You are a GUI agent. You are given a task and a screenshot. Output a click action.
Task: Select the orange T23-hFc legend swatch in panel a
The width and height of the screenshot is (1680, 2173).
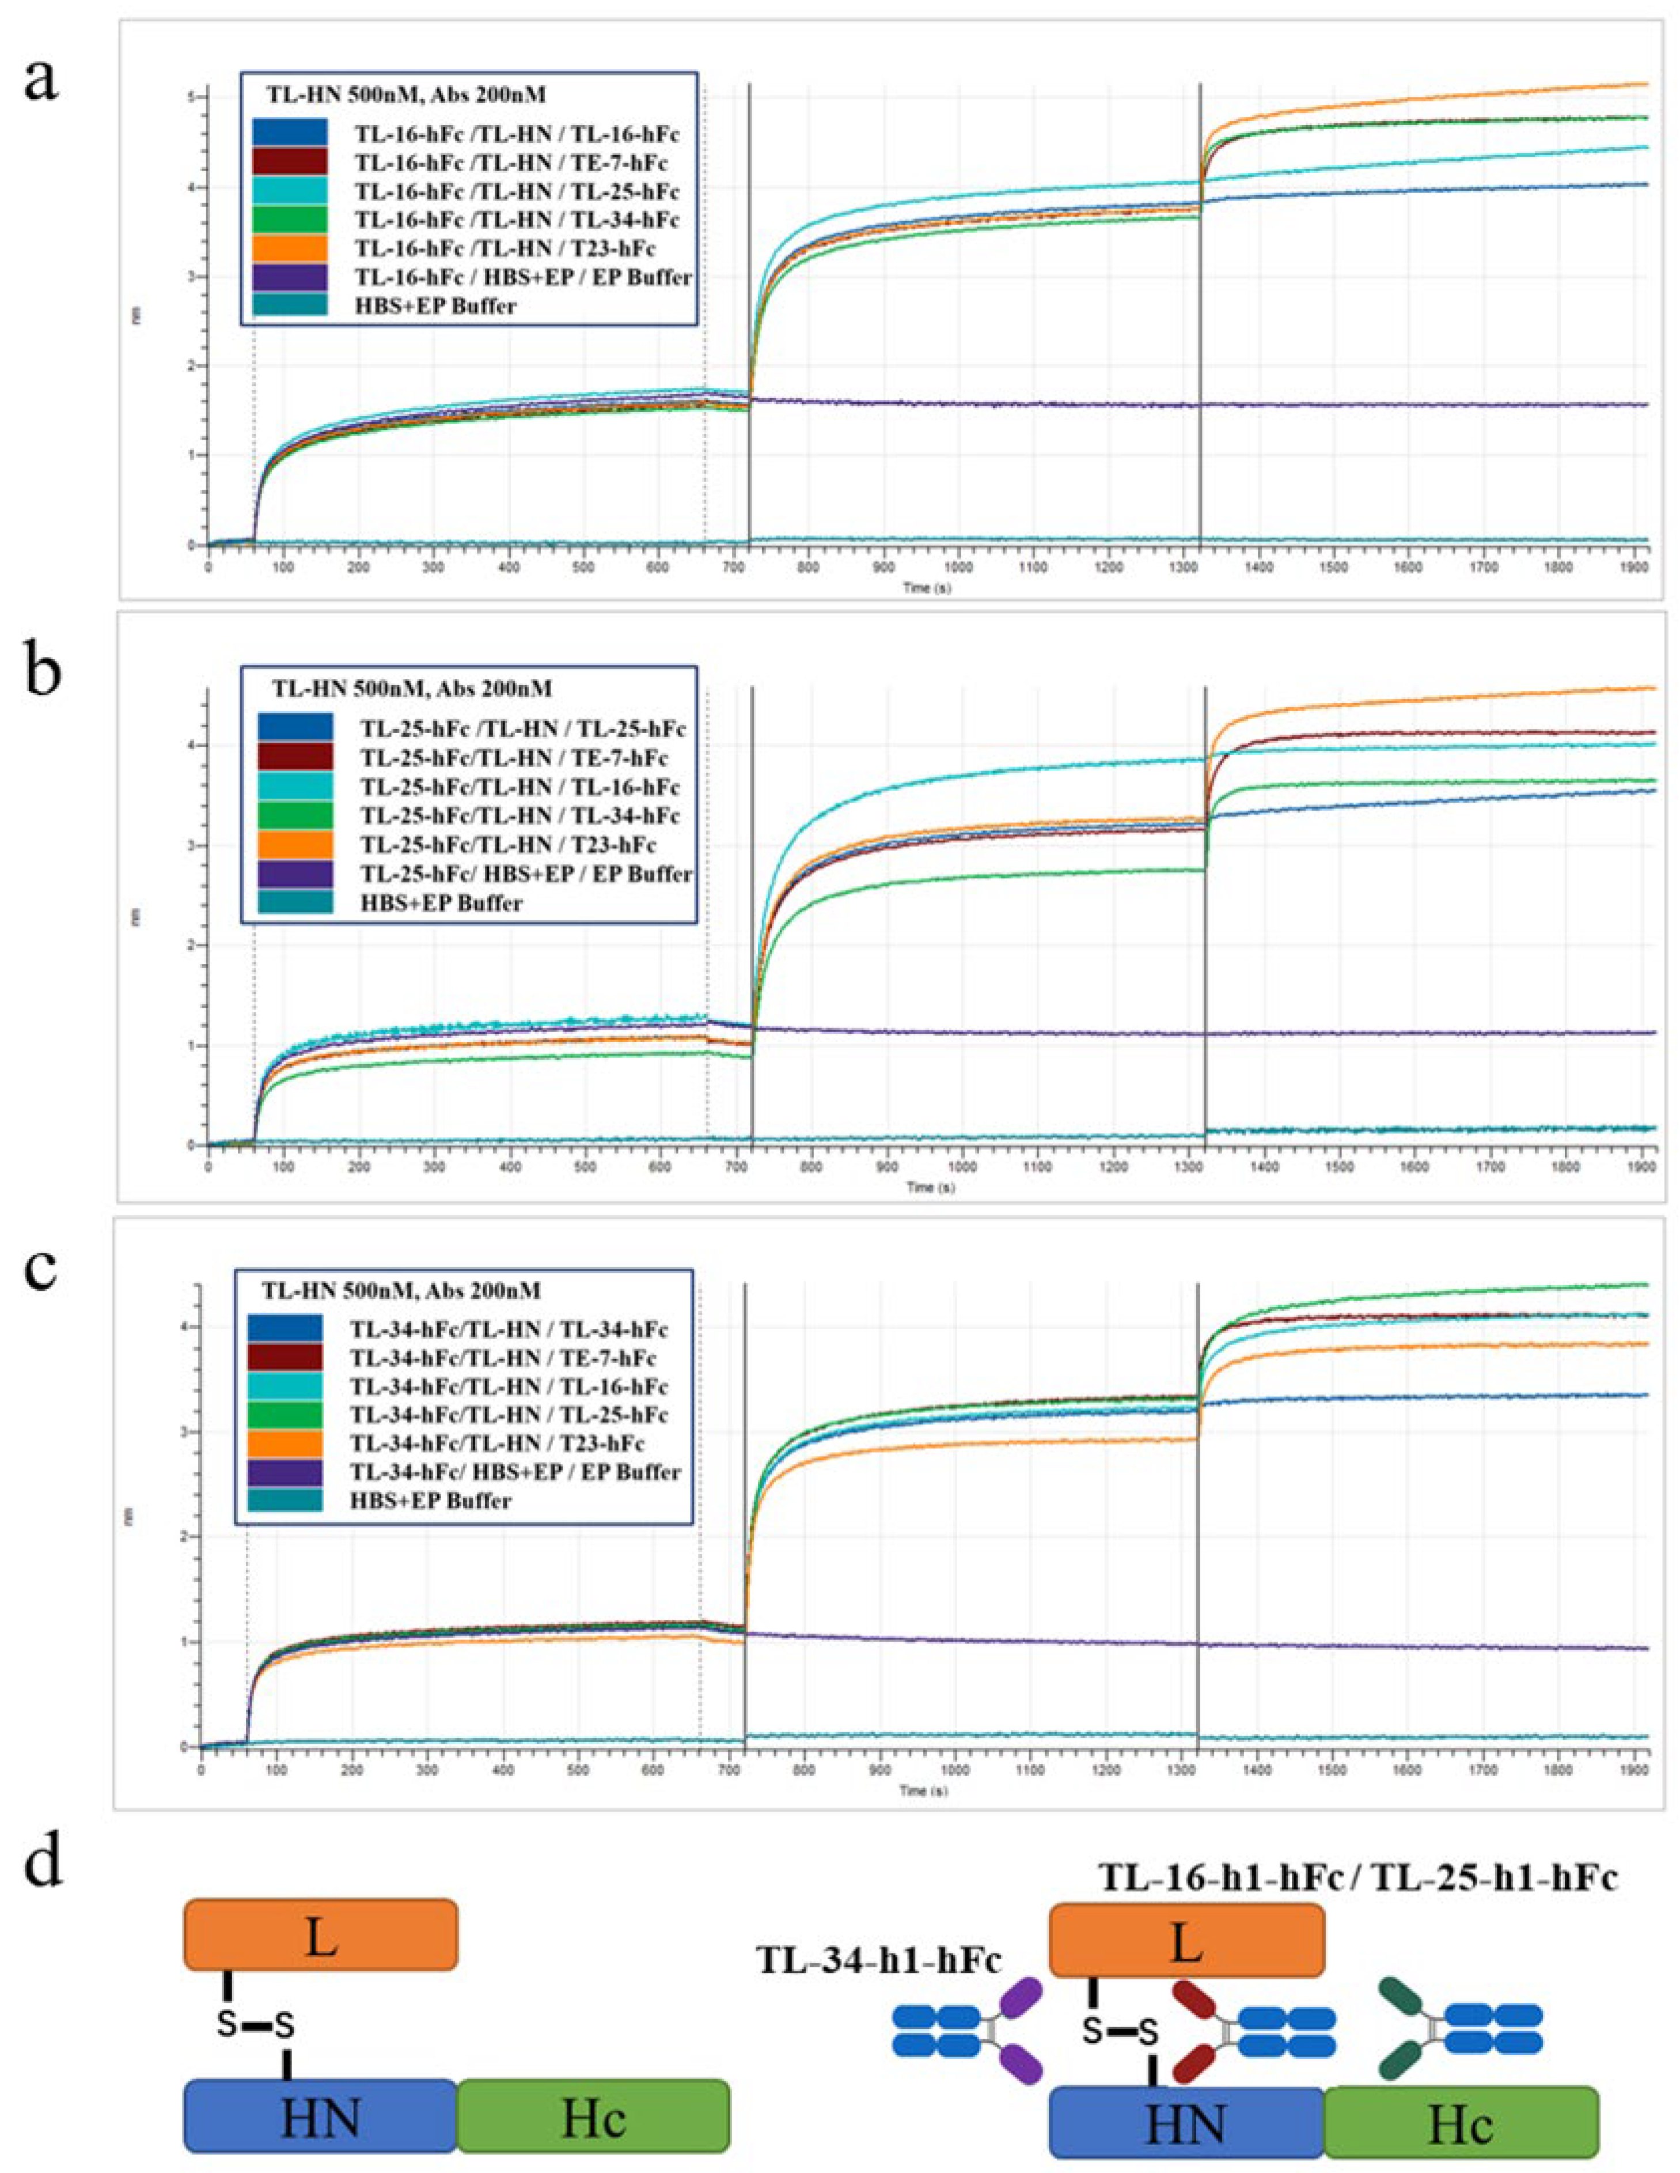pyautogui.click(x=290, y=248)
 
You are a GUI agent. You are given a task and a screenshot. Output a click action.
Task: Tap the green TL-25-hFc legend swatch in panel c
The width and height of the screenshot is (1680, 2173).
pyautogui.click(x=285, y=1414)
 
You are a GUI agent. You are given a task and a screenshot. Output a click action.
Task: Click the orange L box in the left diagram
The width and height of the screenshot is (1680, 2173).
pyautogui.click(x=320, y=1935)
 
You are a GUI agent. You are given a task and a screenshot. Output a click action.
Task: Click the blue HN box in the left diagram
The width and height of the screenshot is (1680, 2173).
pyautogui.click(x=320, y=2114)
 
